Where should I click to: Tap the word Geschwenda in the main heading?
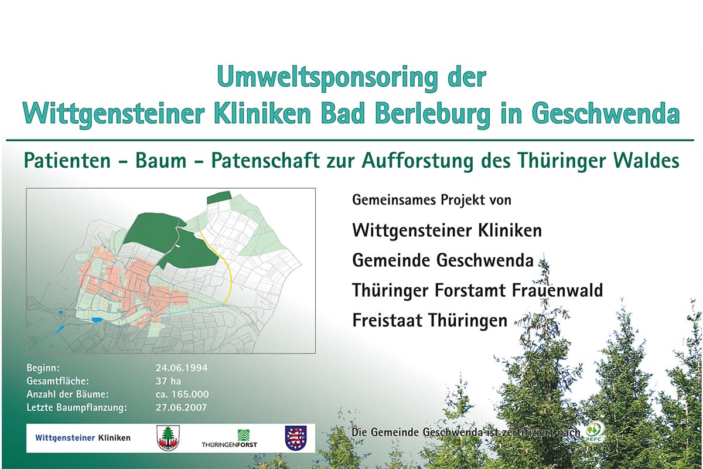(606, 114)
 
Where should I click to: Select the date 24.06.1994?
(182, 368)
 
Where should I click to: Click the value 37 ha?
(168, 381)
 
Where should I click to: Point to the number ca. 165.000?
(182, 394)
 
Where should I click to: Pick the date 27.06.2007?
(181, 407)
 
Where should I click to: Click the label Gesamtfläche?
(58, 382)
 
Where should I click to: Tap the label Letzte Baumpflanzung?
(77, 408)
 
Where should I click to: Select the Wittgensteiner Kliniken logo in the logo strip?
(83, 438)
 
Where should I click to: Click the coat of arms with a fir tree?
(168, 438)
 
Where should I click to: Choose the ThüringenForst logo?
(230, 439)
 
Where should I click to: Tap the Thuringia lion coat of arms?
(296, 438)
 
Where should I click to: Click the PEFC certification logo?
(593, 432)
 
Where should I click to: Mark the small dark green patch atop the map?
(219, 198)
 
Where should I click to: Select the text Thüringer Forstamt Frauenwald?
(477, 290)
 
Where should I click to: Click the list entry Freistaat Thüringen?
(429, 321)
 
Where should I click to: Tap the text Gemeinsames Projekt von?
(432, 200)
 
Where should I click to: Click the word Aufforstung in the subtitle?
(417, 161)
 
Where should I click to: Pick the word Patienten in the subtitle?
(67, 161)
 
